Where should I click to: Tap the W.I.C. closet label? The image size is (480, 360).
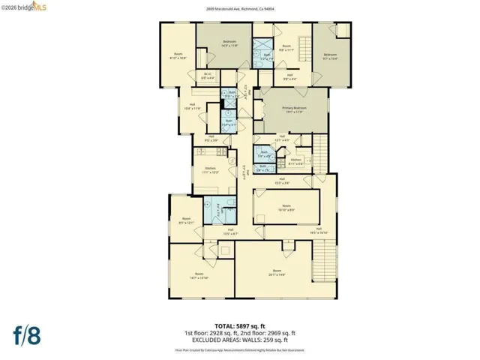coord(209,75)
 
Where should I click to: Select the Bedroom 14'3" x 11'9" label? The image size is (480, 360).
coord(229,43)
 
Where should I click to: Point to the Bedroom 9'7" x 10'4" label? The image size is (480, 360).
coord(331,55)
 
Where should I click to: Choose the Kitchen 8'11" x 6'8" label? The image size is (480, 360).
coord(295,161)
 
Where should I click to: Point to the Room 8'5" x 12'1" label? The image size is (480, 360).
coord(187,221)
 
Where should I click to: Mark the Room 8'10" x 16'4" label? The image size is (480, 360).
coord(178,55)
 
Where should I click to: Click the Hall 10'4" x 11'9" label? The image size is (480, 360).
coord(193,106)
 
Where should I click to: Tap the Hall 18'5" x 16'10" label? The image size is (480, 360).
coord(318,231)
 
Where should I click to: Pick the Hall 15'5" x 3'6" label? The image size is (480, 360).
coord(282,180)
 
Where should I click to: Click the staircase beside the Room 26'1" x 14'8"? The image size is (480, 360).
coord(322,259)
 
